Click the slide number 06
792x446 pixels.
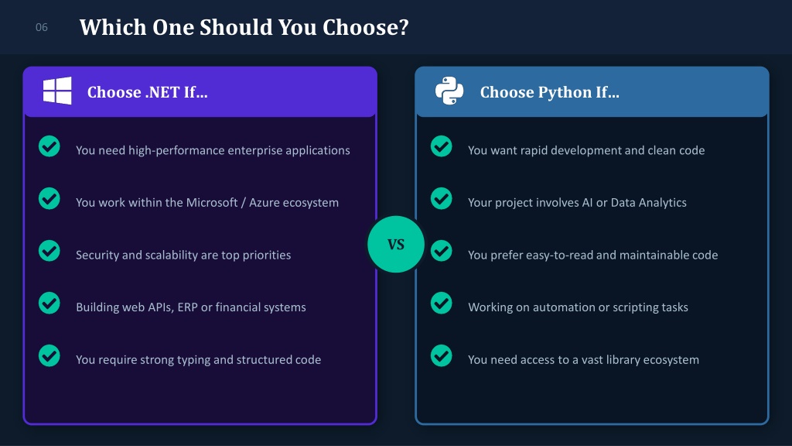[x=42, y=27]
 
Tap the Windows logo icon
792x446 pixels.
[x=57, y=91]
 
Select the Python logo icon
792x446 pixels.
[x=449, y=91]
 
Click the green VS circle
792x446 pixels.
[x=396, y=244]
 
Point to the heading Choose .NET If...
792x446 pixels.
[x=148, y=92]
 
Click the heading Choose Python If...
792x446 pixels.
[x=550, y=92]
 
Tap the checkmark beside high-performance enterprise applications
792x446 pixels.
[x=49, y=146]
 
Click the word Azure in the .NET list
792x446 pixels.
[x=265, y=202]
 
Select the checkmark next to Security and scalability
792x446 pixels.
[x=49, y=251]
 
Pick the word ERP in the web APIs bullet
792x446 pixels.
[x=187, y=307]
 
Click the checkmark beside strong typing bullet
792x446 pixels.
[x=49, y=355]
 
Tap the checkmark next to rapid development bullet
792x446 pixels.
[x=441, y=146]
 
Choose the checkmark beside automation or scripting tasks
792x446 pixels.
[x=441, y=304]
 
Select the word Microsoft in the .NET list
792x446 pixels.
[x=212, y=202]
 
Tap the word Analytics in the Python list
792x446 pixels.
[x=663, y=203]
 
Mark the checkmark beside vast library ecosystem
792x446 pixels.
[x=441, y=355]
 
